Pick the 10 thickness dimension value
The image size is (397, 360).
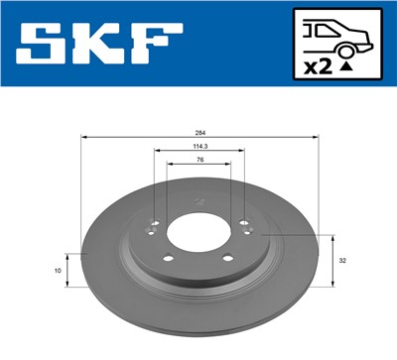pyautogui.click(x=59, y=270)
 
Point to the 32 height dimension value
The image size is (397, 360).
pyautogui.click(x=342, y=261)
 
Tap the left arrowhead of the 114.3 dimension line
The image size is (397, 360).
pyautogui.click(x=157, y=152)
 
